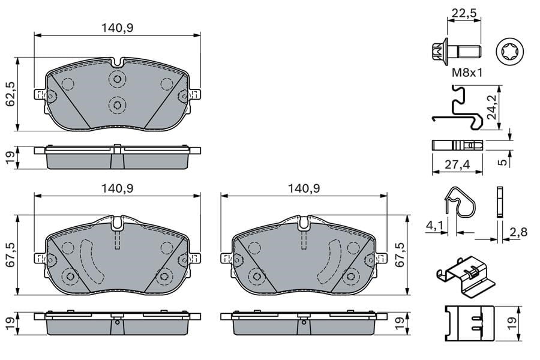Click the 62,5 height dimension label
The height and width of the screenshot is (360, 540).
(x=11, y=94)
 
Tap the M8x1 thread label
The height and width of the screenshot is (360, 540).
(x=467, y=73)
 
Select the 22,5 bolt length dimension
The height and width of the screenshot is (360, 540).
(x=464, y=13)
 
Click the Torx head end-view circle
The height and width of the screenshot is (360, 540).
(x=509, y=53)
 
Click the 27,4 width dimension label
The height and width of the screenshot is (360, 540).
(x=457, y=164)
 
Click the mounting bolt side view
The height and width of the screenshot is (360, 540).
(x=456, y=53)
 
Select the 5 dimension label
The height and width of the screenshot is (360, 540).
(x=503, y=161)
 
